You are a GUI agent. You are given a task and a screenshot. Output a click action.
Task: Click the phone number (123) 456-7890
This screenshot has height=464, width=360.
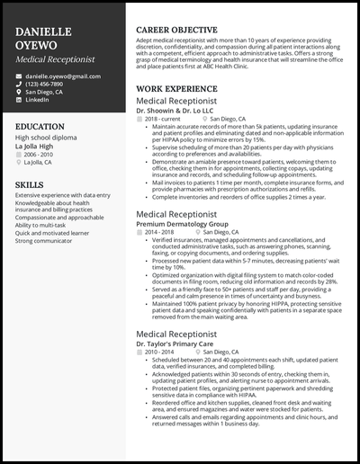click(x=45, y=84)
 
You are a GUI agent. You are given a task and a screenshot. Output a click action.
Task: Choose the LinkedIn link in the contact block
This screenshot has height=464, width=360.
click(x=38, y=99)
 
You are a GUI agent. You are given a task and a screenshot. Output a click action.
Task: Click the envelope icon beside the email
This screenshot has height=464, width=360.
click(x=19, y=78)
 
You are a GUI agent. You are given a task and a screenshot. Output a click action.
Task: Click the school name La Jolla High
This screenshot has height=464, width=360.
click(x=39, y=146)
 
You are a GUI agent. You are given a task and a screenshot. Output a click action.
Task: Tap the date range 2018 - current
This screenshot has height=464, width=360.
click(x=164, y=119)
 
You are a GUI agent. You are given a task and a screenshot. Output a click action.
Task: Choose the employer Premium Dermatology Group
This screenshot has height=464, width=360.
click(x=182, y=223)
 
